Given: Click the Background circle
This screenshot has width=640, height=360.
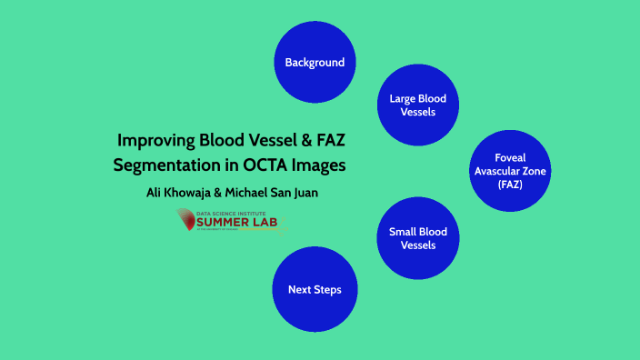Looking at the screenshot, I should tap(315, 63).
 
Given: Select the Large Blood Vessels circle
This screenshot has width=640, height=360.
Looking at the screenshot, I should tap(418, 105).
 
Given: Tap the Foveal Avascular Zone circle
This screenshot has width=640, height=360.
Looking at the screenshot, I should tap(511, 171).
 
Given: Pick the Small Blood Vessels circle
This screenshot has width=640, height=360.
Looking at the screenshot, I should tap(418, 238).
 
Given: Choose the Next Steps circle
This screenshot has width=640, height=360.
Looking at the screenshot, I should tap(315, 290).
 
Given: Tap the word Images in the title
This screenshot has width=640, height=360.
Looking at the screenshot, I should tap(321, 166).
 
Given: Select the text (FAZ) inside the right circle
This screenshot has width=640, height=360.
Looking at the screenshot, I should tap(511, 185).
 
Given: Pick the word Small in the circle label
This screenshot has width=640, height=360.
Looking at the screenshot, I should tap(404, 232).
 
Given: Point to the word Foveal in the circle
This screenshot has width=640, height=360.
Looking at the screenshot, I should tap(511, 157).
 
